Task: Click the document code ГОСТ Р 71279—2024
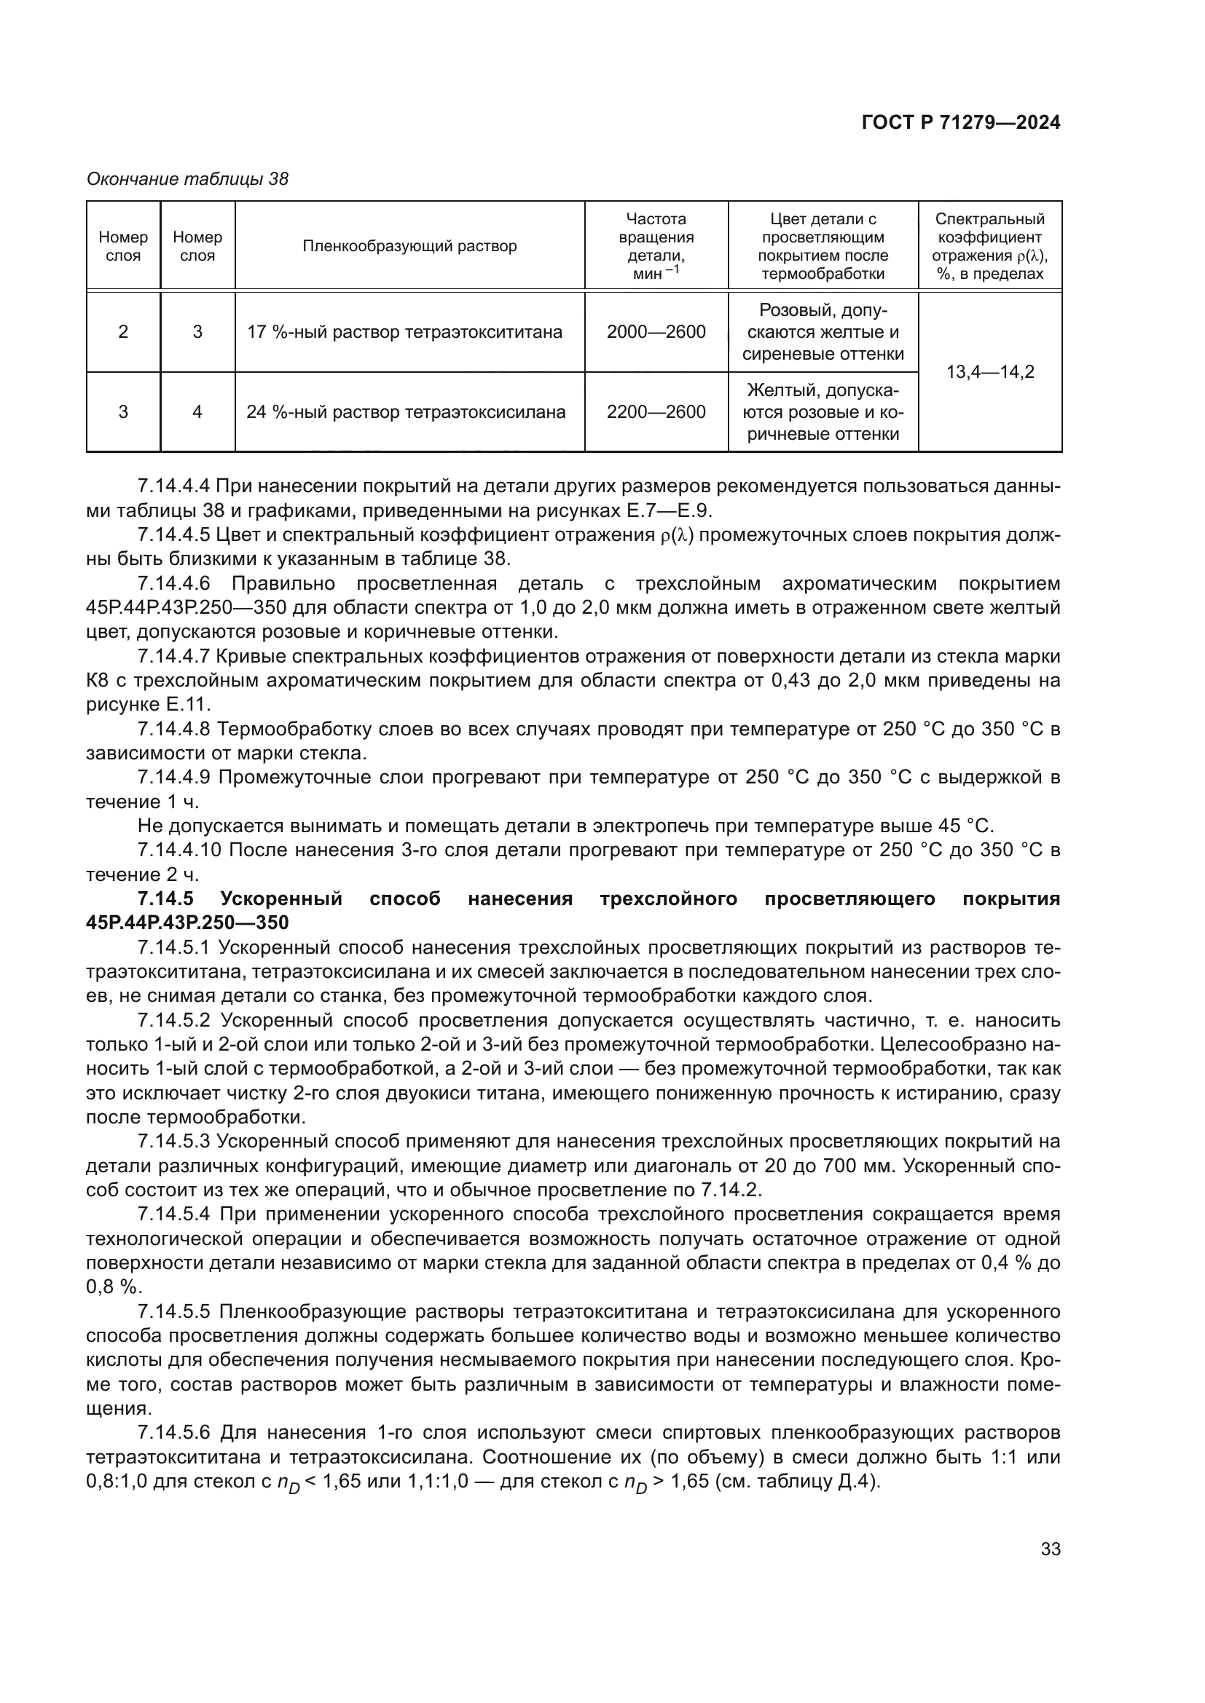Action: (961, 122)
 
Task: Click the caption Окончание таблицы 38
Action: (187, 179)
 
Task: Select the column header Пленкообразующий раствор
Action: (409, 246)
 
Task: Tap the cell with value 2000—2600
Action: (655, 331)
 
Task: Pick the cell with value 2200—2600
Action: (655, 411)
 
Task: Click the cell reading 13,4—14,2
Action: (990, 371)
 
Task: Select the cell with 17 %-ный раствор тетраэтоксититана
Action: (404, 331)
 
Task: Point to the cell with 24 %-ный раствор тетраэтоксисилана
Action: (406, 411)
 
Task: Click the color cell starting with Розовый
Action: (823, 331)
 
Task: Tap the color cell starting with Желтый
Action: (823, 411)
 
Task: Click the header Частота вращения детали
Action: (656, 246)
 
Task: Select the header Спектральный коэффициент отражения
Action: (990, 246)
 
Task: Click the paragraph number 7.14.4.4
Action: (174, 486)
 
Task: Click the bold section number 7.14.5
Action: (165, 899)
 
